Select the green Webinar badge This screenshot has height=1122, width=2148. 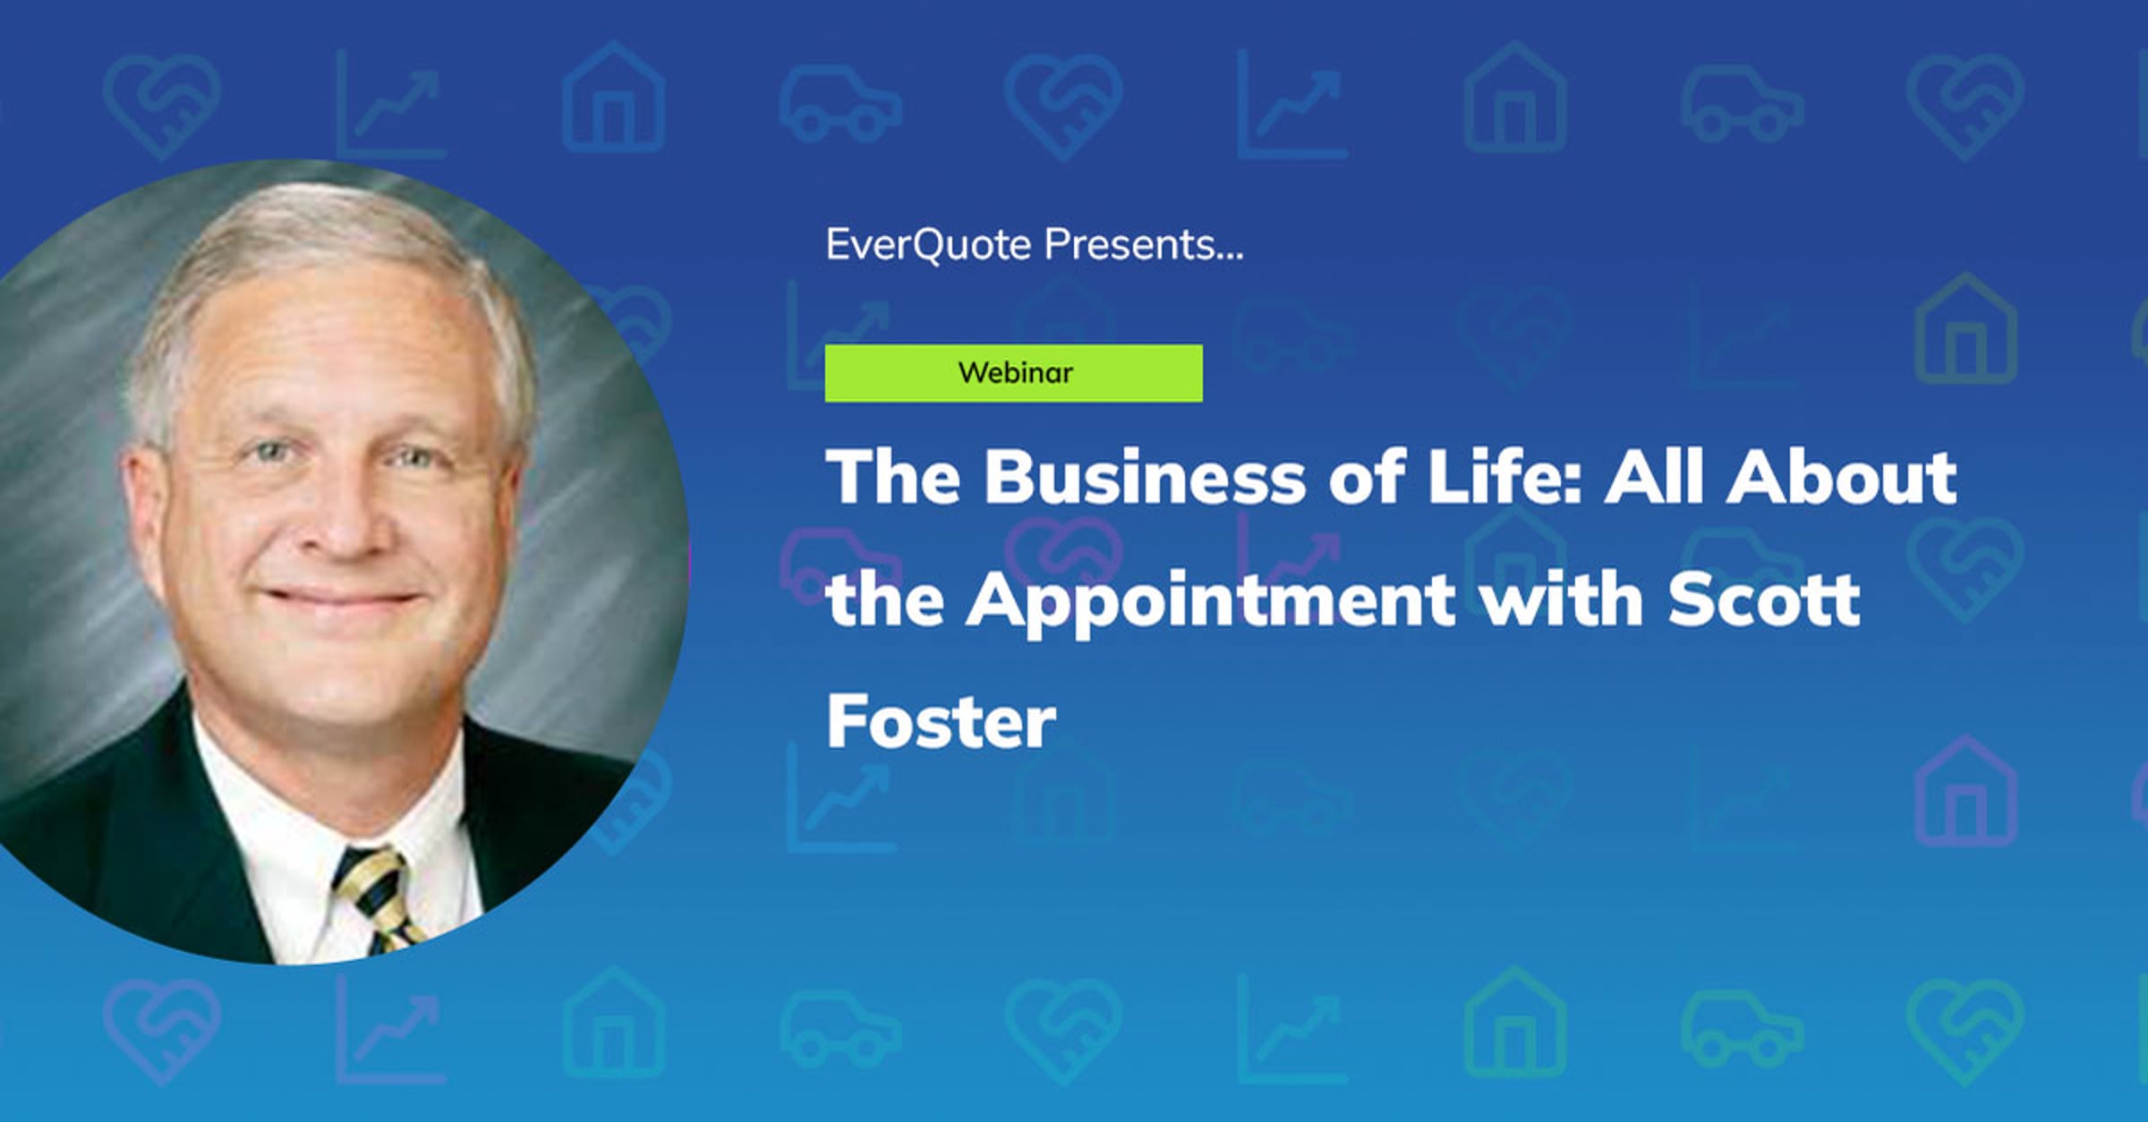pyautogui.click(x=1014, y=373)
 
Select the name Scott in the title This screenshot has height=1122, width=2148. pyautogui.click(x=1764, y=599)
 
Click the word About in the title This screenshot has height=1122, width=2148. pyautogui.click(x=1842, y=476)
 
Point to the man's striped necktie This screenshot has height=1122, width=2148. pyautogui.click(x=377, y=898)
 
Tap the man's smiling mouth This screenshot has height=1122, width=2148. pyautogui.click(x=343, y=597)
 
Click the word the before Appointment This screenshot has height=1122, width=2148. pyautogui.click(x=884, y=599)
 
